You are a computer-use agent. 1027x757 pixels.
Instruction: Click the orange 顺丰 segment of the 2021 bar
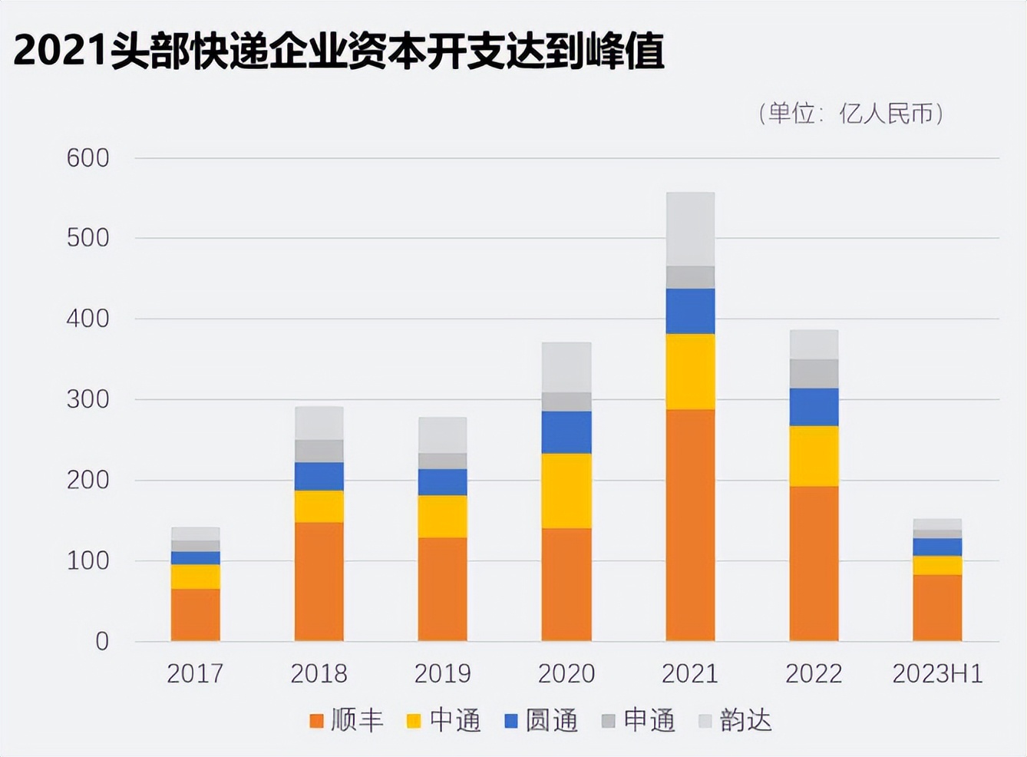[690, 525]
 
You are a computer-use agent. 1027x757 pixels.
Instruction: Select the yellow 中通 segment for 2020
[566, 491]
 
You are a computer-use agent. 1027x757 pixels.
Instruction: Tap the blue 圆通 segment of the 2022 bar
[814, 407]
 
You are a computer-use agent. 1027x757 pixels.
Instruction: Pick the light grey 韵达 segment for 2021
[690, 229]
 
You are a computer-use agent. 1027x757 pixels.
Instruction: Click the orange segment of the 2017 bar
[196, 614]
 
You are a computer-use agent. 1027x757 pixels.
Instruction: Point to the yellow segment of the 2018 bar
[319, 506]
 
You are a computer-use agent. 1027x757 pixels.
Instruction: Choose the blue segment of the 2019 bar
[443, 481]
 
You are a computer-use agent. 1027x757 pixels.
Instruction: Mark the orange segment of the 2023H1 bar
[937, 607]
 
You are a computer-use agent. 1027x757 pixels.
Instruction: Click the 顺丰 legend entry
[346, 720]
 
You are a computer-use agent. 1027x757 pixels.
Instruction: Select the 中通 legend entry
[444, 720]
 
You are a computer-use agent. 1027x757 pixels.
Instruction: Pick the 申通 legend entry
[639, 720]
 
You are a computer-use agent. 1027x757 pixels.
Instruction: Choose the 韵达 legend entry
[735, 720]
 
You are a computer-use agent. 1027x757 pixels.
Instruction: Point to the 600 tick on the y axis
[88, 158]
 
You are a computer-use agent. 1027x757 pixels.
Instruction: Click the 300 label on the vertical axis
[88, 399]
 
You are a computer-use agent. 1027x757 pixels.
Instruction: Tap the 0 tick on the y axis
[101, 641]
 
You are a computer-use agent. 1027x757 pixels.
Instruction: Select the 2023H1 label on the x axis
[937, 673]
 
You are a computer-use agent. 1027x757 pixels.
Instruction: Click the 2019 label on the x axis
[443, 673]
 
